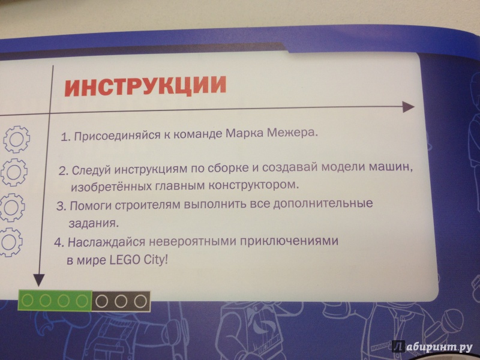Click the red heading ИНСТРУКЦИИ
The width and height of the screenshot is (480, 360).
point(145,85)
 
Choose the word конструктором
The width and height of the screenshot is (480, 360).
point(253,185)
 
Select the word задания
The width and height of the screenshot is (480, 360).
point(94,223)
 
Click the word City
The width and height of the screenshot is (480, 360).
point(155,261)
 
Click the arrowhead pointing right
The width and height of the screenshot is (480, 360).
point(408,107)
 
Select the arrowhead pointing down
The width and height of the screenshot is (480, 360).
point(39,280)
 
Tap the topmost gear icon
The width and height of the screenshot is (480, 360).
point(17,139)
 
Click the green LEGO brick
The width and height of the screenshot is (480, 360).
point(55,301)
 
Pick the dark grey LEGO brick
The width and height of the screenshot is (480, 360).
point(121,302)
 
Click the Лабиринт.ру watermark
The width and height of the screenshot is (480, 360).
point(433,347)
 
